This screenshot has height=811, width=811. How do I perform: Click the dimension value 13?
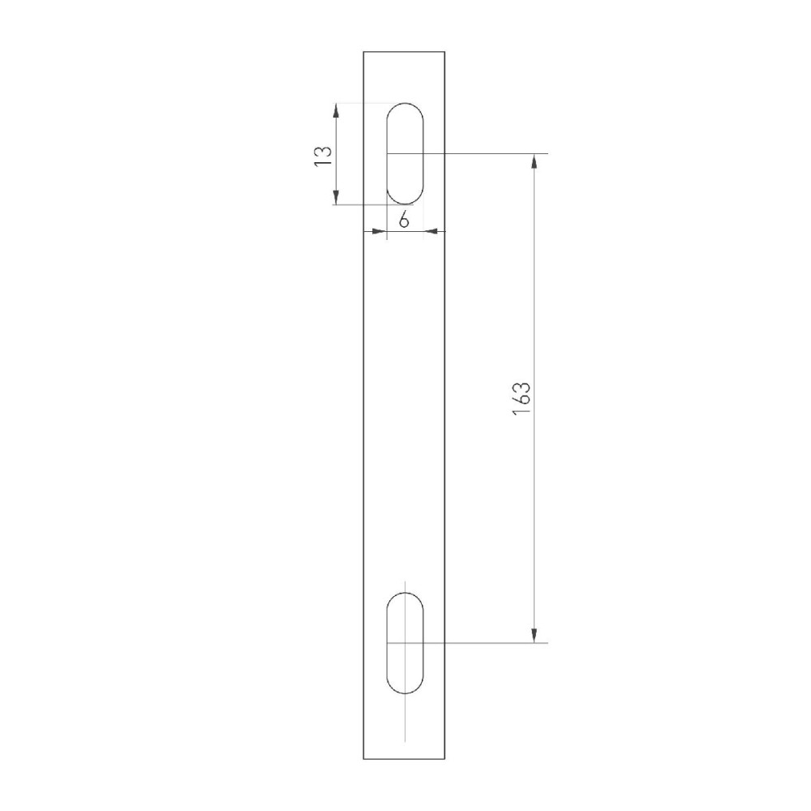coord(323,156)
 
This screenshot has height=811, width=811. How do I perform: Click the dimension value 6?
coord(404,221)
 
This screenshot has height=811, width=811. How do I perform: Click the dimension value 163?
coord(521,398)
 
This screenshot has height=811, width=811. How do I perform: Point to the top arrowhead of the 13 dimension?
coord(337,110)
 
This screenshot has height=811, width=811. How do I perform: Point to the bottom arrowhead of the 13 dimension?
coord(337,197)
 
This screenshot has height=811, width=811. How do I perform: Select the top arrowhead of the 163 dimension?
coord(534,161)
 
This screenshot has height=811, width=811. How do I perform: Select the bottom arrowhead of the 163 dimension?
coord(534,635)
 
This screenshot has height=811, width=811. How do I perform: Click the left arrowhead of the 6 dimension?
coord(380,231)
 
